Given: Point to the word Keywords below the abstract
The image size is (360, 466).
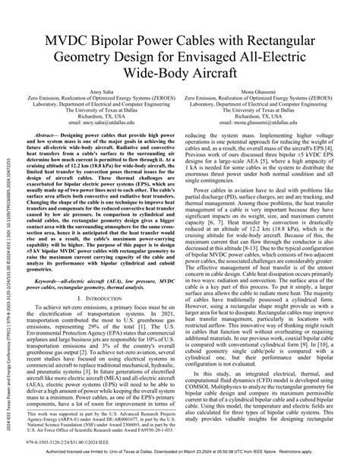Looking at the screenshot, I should coord(45,281).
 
